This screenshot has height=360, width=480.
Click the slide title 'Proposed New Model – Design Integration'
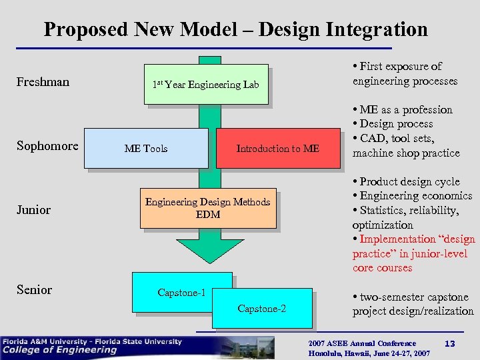pyautogui.click(x=235, y=29)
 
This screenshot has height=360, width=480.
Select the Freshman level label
pyautogui.click(x=43, y=82)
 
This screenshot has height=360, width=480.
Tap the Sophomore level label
pyautogui.click(x=47, y=146)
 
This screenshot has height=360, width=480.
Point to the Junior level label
pyautogui.click(x=33, y=210)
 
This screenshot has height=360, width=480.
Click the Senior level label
pyautogui.click(x=34, y=289)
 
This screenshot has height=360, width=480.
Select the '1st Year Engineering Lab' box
pyautogui.click(x=205, y=84)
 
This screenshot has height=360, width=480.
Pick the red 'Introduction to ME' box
pyautogui.click(x=278, y=148)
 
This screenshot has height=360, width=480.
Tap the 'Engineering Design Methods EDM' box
pyautogui.click(x=208, y=208)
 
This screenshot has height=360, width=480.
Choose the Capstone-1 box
pyautogui.click(x=181, y=292)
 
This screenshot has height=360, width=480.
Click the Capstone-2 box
pyautogui.click(x=262, y=308)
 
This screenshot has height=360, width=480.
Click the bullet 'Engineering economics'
pyautogui.click(x=415, y=196)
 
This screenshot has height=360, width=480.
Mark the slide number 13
pyautogui.click(x=449, y=343)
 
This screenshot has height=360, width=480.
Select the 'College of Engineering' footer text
pyautogui.click(x=59, y=350)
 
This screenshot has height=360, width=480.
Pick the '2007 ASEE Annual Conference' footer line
pyautogui.click(x=362, y=343)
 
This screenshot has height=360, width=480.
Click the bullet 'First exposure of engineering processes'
pyautogui.click(x=405, y=74)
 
